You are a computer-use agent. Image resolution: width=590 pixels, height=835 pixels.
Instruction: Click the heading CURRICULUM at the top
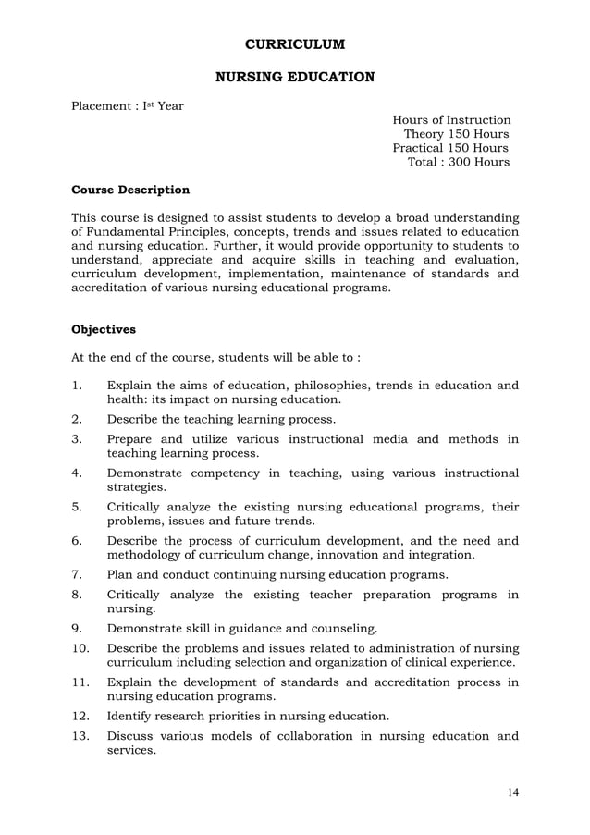294,43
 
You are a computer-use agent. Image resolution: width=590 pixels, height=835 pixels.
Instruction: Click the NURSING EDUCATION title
294,77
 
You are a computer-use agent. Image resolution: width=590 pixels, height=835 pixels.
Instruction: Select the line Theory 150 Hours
456,134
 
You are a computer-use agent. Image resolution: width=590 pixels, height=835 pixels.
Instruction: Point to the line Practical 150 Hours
450,148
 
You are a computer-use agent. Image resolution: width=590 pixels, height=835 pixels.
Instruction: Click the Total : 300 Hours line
458,162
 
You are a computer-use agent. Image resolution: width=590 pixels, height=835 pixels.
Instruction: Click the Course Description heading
130,190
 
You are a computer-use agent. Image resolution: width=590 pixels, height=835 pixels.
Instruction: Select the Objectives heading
104,329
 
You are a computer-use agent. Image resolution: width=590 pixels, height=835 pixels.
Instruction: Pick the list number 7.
78,574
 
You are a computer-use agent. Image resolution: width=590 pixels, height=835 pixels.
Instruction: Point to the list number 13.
81,736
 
